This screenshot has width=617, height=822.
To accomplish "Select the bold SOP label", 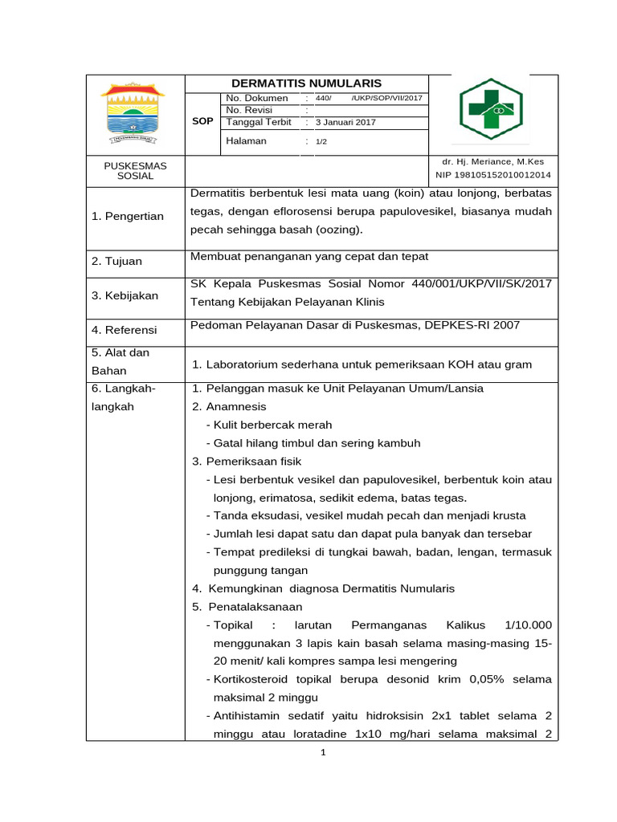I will (203, 121).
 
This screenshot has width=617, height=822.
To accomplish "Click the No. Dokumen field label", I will (257, 98).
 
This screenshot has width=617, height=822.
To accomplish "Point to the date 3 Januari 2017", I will (345, 123).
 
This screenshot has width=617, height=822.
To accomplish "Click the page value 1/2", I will (321, 141).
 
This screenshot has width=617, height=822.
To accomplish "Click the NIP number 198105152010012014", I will (493, 174).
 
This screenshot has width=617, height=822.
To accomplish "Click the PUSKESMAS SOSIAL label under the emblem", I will (136, 170).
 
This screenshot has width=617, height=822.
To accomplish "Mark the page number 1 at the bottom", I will (321, 752).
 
